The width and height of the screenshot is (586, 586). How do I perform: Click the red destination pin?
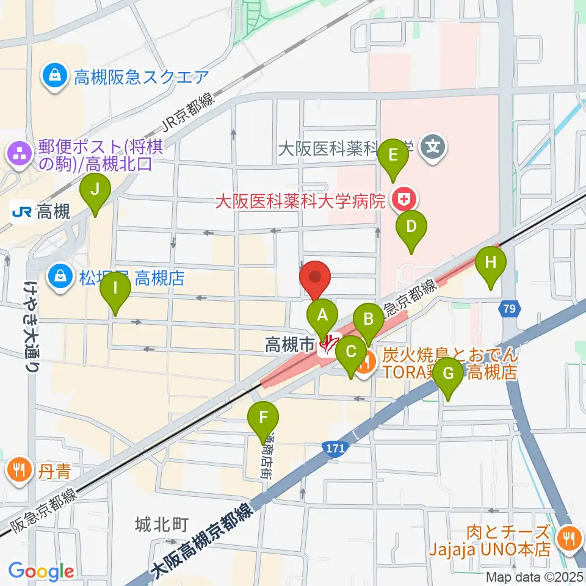pyautogui.click(x=316, y=278)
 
